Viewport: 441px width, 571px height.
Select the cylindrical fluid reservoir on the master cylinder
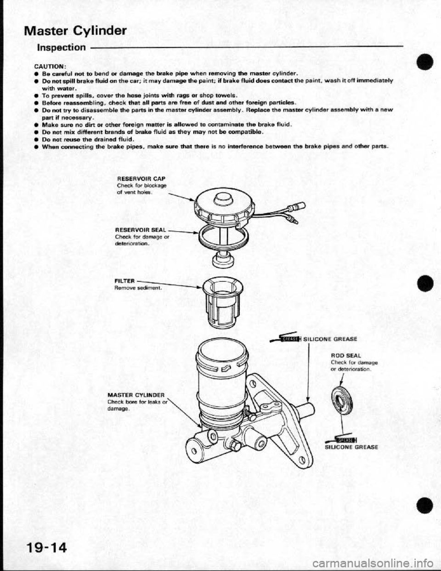[222, 372]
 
